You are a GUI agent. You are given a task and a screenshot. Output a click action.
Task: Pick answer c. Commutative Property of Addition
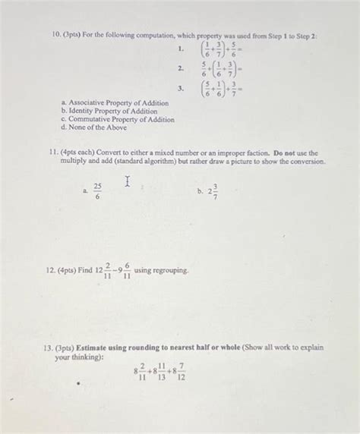click(x=112, y=119)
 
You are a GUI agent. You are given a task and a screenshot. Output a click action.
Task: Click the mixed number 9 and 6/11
click(x=122, y=271)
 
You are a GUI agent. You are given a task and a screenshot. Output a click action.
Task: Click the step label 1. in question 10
click(x=179, y=51)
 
